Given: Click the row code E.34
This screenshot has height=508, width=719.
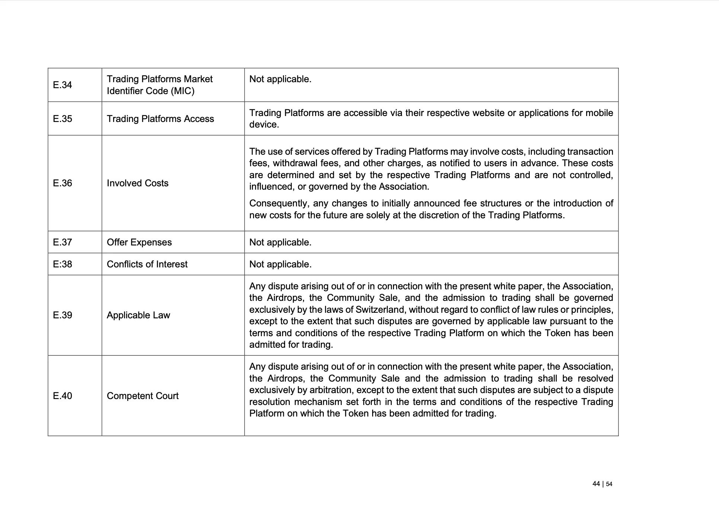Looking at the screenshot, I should [x=63, y=85].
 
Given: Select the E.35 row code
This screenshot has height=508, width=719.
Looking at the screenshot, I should [x=63, y=119].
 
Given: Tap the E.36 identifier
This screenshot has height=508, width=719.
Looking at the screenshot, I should [x=63, y=183].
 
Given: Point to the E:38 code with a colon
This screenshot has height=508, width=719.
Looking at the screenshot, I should [x=63, y=264].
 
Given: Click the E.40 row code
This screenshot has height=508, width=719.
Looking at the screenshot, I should [x=63, y=396].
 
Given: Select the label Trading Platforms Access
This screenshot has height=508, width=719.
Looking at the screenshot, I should [x=160, y=119].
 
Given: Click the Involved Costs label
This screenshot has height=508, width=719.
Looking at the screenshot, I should [x=138, y=183].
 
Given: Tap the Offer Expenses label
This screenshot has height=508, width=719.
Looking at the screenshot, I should [x=139, y=242].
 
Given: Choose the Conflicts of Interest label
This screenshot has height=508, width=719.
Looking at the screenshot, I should [x=147, y=264].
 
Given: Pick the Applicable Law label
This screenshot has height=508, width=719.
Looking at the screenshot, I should [x=138, y=315].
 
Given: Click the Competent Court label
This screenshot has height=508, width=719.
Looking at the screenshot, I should [x=143, y=396].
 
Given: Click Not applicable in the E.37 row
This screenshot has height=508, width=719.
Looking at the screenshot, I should [x=280, y=242].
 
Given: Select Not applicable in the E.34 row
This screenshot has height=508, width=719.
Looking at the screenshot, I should [x=280, y=79].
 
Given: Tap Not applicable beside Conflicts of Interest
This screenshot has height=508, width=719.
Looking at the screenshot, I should [x=280, y=264].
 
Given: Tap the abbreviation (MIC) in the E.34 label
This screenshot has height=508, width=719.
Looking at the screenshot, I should [x=182, y=91].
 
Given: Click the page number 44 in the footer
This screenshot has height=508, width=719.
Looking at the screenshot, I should [x=596, y=484].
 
